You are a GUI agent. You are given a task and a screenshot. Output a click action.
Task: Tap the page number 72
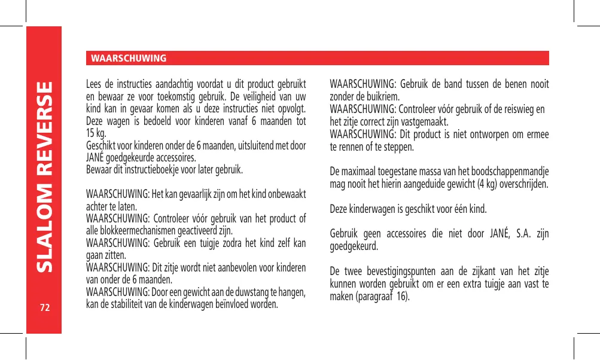click(x=44, y=308)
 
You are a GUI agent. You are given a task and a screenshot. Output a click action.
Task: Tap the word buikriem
click(x=385, y=97)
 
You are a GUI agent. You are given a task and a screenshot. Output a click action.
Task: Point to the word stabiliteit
click(x=132, y=303)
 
